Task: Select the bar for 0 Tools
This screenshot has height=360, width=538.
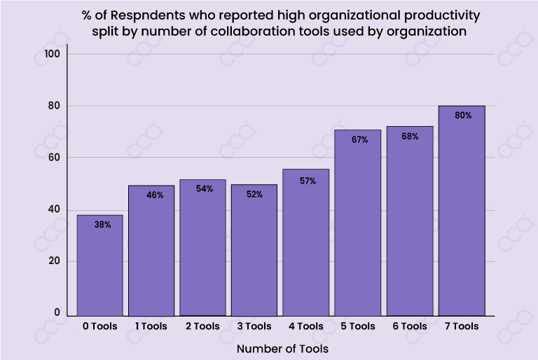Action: pyautogui.click(x=99, y=265)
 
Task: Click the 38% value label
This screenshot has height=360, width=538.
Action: pyautogui.click(x=103, y=225)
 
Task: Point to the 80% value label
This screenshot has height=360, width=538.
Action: pyautogui.click(x=463, y=116)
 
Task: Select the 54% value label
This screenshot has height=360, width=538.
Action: pyautogui.click(x=204, y=188)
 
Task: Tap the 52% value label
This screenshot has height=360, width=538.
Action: pyautogui.click(x=254, y=194)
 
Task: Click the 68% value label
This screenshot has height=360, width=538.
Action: pyautogui.click(x=410, y=137)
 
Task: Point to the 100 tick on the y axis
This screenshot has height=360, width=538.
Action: pyautogui.click(x=53, y=55)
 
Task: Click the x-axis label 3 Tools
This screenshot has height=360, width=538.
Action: pyautogui.click(x=254, y=326)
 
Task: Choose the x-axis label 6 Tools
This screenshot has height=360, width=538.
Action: pyautogui.click(x=410, y=326)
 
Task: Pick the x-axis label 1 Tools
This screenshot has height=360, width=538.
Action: pyautogui.click(x=152, y=326)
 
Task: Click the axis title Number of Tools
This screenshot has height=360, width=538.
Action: pyautogui.click(x=282, y=348)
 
